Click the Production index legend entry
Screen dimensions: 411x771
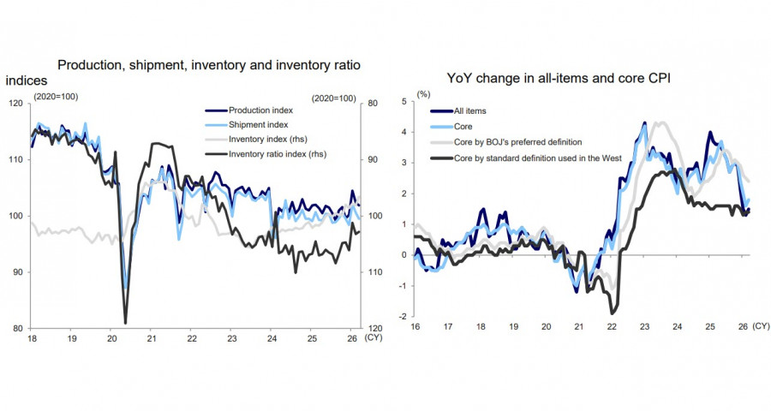coord(260,110)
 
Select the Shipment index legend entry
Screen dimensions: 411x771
coord(258,125)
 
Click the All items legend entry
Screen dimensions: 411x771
coord(469,111)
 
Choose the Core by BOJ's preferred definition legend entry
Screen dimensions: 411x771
coord(517,142)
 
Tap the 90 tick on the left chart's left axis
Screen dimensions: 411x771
coord(20,272)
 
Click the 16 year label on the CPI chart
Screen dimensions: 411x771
coord(415,327)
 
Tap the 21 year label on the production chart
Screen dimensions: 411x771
coord(150,339)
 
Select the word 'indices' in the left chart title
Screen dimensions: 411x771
coord(26,80)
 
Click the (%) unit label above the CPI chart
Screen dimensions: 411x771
coord(422,92)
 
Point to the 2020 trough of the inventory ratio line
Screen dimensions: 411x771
coord(126,323)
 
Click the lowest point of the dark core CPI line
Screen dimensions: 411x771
coord(613,313)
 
